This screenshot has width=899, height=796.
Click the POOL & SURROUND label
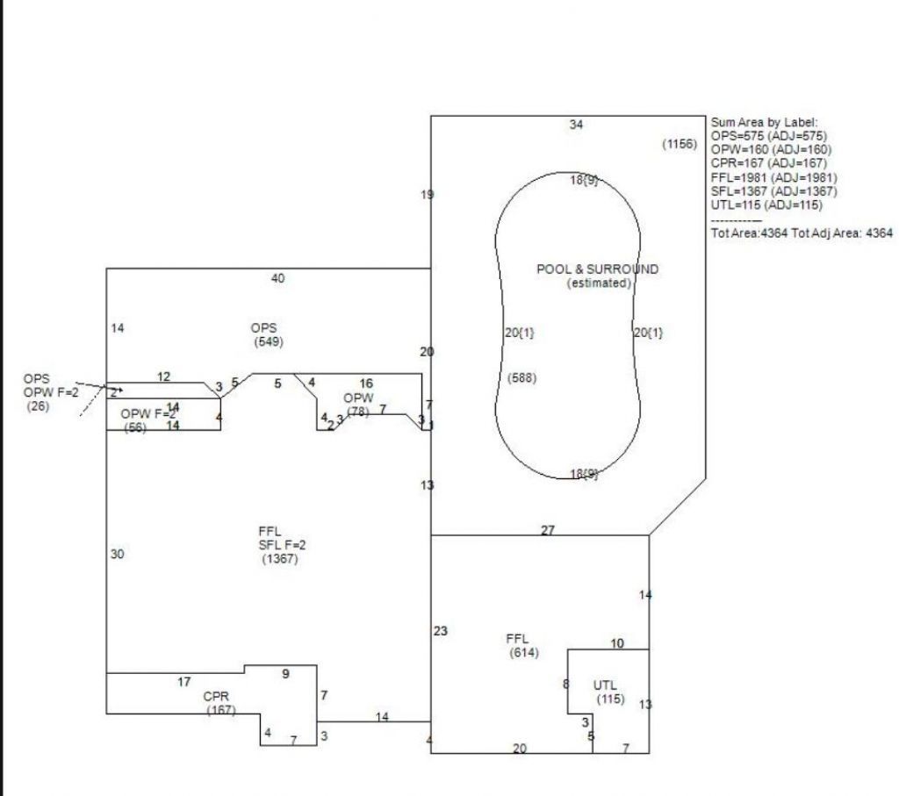coord(597,269)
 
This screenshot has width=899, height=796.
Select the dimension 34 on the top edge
coord(576,125)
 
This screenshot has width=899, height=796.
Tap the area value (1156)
coord(680,143)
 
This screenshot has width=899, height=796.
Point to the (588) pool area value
coord(522,378)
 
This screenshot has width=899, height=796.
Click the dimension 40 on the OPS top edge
coord(277,278)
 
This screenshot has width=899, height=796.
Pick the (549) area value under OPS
coord(268,341)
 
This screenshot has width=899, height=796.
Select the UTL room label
coord(605,685)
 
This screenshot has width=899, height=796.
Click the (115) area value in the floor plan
coord(610,699)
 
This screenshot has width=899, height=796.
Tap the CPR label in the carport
coord(216,697)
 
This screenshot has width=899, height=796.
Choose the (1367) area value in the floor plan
coord(280,558)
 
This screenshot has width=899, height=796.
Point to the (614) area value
coord(524,653)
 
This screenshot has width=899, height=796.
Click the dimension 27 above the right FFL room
coord(547,530)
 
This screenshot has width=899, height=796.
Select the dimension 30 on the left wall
coord(118,555)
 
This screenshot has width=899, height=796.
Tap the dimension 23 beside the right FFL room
coord(441,631)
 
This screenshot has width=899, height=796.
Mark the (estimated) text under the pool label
coord(599,283)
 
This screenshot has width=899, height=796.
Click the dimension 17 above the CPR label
coord(184,682)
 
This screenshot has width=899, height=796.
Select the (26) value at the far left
coord(39,406)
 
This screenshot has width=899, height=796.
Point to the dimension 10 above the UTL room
coord(617,643)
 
